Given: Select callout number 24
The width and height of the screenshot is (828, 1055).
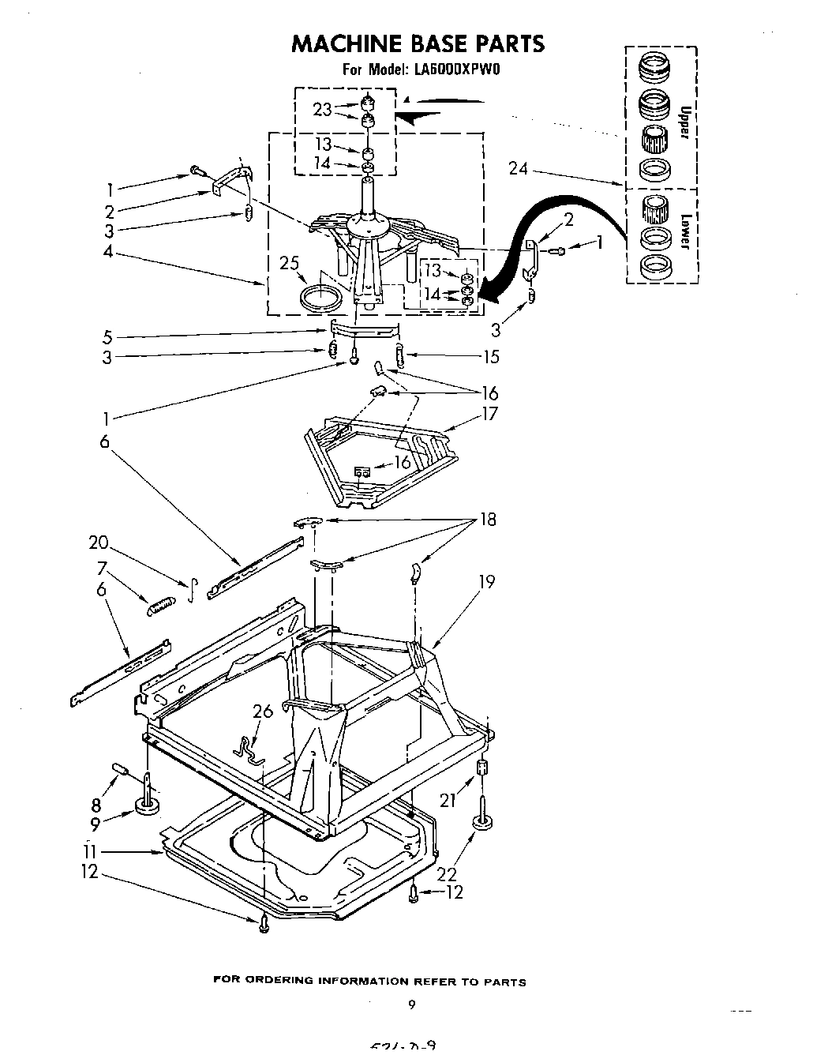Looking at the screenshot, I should coord(519,167).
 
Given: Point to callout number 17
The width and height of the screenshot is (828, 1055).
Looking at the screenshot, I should coord(489,414).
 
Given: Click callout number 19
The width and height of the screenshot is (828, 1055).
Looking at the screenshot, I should coord(486,582).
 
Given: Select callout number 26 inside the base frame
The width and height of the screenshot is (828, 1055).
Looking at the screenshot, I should coord(263,711).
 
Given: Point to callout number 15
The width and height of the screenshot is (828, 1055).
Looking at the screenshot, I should coord(490,357).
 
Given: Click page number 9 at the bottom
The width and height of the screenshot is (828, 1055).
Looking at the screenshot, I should coord(411,1005).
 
